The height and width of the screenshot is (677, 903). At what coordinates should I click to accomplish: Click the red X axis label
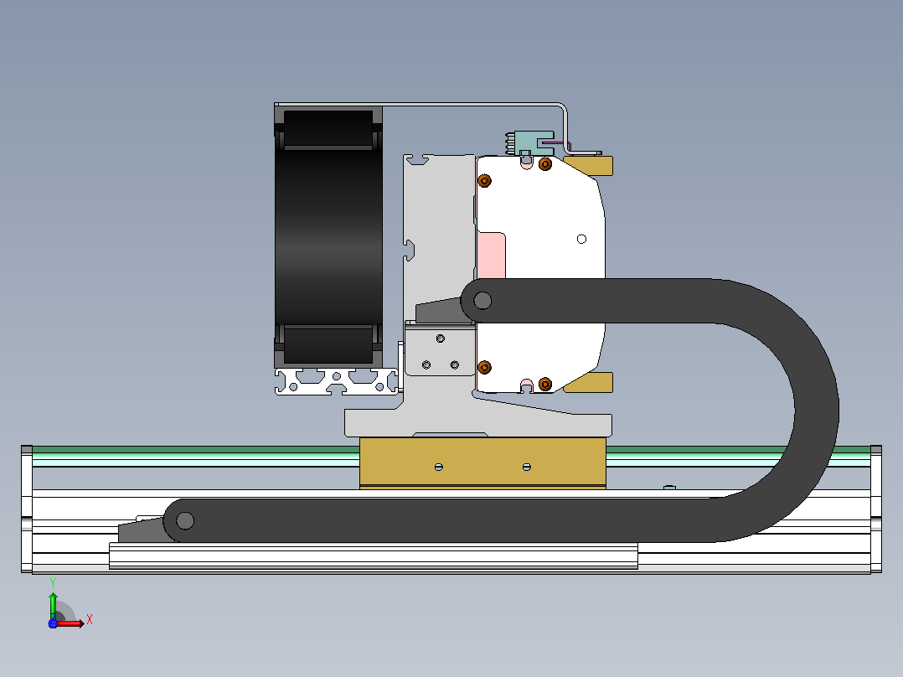tap(90, 620)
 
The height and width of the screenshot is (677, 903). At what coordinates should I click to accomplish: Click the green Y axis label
tap(53, 583)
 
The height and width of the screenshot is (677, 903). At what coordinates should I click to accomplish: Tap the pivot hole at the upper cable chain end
tap(482, 300)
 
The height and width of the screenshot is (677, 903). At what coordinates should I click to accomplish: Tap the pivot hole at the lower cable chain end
tap(185, 521)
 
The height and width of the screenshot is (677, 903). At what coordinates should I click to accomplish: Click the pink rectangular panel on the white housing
tap(491, 256)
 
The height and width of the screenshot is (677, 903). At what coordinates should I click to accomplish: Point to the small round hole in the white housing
tap(581, 239)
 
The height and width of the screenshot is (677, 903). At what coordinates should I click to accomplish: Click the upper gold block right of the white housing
tap(589, 165)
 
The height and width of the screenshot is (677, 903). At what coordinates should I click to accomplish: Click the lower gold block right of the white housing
tap(589, 383)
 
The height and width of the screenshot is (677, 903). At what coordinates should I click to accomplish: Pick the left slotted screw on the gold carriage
tap(439, 467)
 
